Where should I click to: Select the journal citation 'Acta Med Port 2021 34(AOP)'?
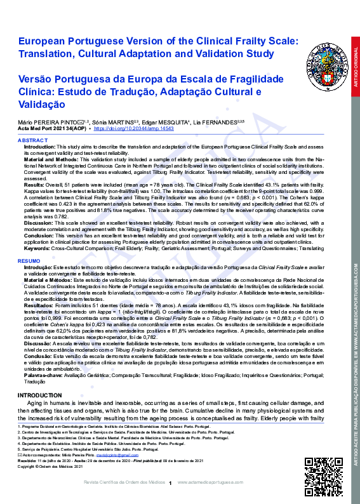tap(53, 128)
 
